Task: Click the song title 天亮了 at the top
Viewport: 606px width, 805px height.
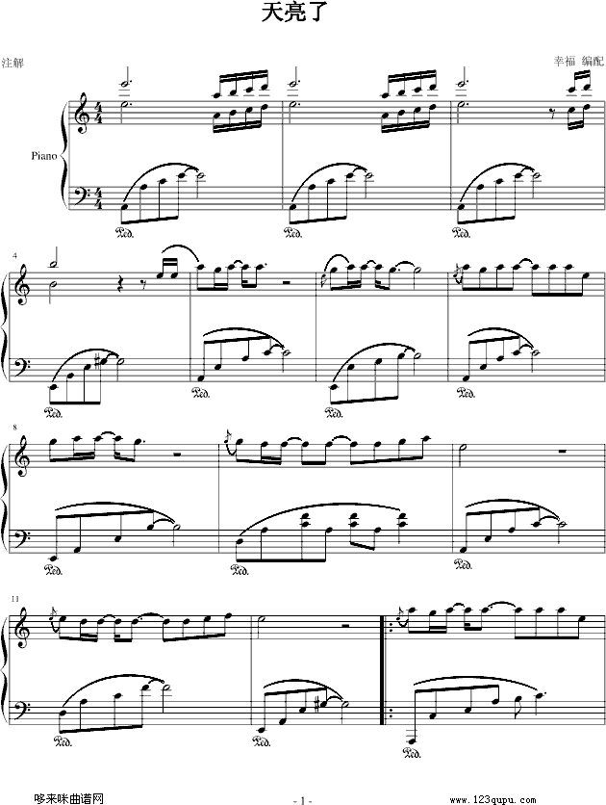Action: click(293, 13)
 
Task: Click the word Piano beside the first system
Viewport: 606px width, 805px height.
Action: click(43, 156)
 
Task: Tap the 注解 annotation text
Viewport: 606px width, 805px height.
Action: click(13, 64)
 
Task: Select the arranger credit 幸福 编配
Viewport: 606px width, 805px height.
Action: click(578, 61)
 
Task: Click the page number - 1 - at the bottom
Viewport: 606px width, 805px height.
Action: click(302, 800)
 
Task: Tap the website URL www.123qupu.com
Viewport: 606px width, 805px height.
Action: click(493, 800)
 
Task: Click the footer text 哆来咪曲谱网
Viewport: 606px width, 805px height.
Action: click(68, 799)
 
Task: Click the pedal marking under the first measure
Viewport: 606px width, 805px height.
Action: click(125, 232)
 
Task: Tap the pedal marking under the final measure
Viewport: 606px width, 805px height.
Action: click(413, 754)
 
